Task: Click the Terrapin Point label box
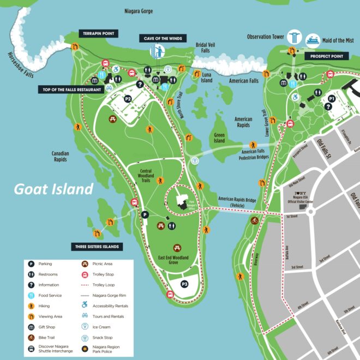(x=98, y=34)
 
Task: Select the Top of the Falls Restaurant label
(x=70, y=89)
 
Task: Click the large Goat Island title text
(x=53, y=189)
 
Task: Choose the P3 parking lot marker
(x=184, y=284)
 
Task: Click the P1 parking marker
(x=331, y=98)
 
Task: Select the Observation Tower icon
(x=295, y=37)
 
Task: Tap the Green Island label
(x=219, y=137)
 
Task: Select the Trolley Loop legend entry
(x=105, y=285)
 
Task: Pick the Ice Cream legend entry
(x=101, y=327)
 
